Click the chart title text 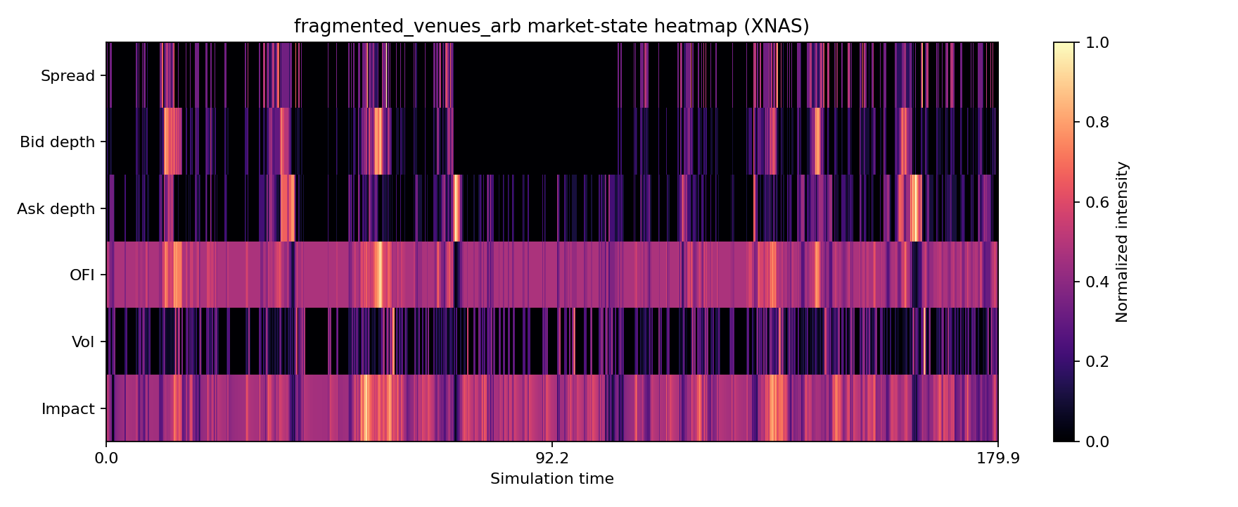551,27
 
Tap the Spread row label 68,76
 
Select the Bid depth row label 57,142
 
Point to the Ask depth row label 56,209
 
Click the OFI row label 82,275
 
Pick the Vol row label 83,342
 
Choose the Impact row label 68,409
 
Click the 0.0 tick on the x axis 106,458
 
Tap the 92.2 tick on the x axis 552,458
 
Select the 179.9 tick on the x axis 998,458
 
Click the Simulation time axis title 552,480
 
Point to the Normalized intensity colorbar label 1122,242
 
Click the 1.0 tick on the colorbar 1092,43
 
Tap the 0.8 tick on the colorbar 1092,123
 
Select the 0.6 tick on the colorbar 1092,203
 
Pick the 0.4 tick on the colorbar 1092,282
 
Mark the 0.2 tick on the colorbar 1092,362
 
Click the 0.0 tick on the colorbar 1092,442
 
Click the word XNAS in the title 780,27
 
